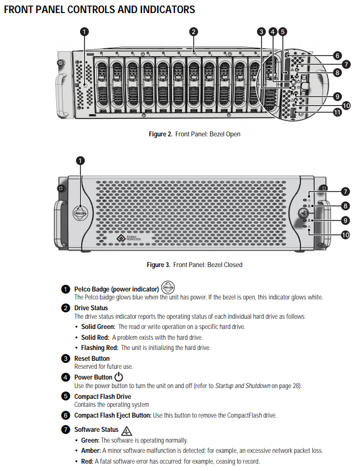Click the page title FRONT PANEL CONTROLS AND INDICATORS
[99, 10]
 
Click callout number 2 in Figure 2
[194, 32]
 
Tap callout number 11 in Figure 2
[337, 112]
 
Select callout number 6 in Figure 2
[337, 56]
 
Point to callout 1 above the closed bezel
[80, 161]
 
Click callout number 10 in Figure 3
[345, 234]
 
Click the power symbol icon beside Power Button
[119, 377]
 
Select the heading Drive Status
[91, 308]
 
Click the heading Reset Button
[92, 359]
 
